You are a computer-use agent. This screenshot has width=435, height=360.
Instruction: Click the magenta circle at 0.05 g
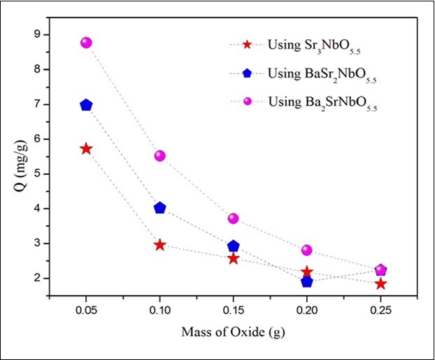click(86, 43)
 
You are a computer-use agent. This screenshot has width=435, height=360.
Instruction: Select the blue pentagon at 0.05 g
click(86, 105)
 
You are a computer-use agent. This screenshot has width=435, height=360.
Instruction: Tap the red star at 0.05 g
click(86, 149)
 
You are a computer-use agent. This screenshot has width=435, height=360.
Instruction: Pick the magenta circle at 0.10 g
click(159, 156)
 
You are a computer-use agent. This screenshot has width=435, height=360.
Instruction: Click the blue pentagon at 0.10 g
click(159, 208)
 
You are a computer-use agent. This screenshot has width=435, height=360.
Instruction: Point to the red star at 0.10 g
click(159, 245)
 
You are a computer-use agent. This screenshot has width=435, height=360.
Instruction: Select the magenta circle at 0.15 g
click(234, 219)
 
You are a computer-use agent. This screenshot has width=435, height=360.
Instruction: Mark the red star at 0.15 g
click(234, 259)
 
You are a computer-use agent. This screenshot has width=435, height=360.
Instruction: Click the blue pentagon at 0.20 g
click(307, 281)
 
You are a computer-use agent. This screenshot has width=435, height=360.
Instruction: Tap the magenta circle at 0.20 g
click(307, 250)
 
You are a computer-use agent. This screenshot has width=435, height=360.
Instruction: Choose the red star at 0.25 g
click(380, 284)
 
